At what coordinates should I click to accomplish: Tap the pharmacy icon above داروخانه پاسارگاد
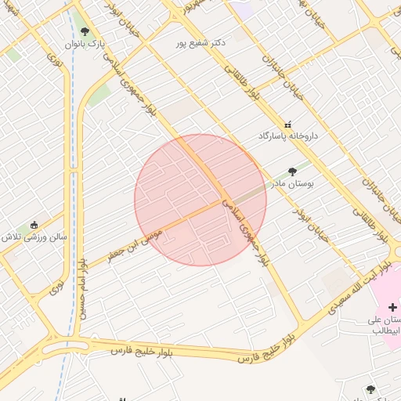click(x=287, y=125)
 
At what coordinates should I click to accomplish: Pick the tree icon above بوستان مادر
click(x=292, y=172)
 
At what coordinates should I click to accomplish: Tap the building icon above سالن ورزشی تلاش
click(x=34, y=223)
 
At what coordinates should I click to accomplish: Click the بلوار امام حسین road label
click(x=82, y=290)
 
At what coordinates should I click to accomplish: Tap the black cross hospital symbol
click(x=392, y=308)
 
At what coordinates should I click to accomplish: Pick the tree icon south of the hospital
click(x=370, y=389)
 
